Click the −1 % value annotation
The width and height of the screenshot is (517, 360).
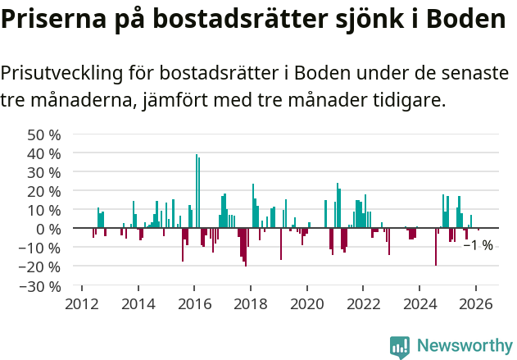(x=478, y=245)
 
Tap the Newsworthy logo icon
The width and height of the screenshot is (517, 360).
(x=400, y=346)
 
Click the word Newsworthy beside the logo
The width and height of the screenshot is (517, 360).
(x=464, y=346)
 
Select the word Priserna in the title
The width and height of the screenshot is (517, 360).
(x=48, y=21)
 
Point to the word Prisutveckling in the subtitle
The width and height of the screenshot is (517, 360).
(x=62, y=73)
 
